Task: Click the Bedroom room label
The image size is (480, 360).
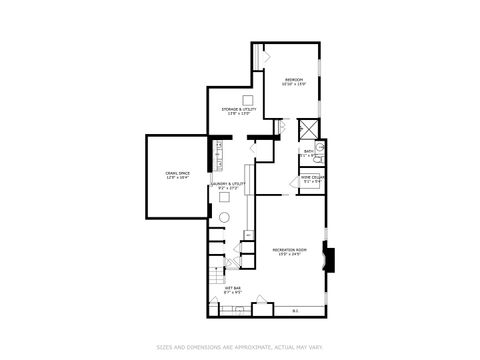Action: click(x=293, y=82)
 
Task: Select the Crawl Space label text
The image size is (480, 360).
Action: click(x=178, y=176)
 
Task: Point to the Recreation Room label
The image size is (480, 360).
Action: click(x=288, y=251)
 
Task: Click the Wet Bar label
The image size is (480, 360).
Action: click(x=232, y=291)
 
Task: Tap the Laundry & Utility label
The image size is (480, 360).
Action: click(x=227, y=186)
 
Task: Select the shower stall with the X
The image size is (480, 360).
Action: click(x=310, y=128)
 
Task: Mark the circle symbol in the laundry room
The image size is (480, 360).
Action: click(x=224, y=218)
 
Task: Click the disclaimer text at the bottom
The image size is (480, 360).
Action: click(x=240, y=348)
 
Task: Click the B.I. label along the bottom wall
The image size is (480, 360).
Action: click(x=295, y=310)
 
